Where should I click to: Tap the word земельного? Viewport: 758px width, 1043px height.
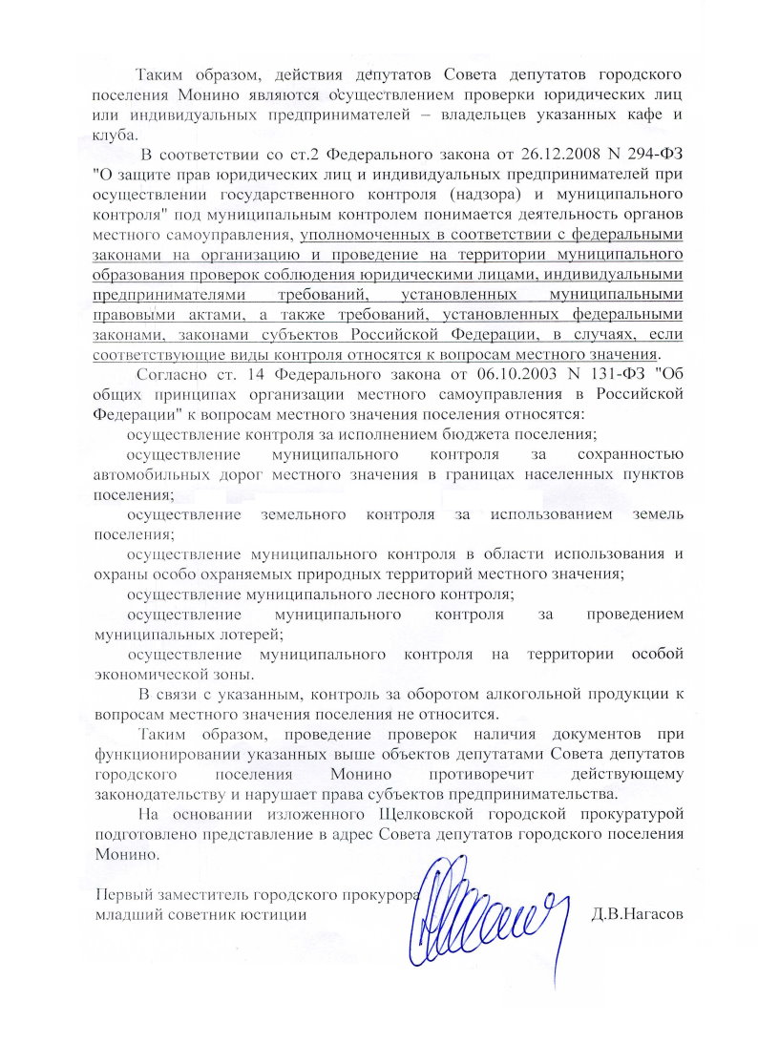302,515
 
